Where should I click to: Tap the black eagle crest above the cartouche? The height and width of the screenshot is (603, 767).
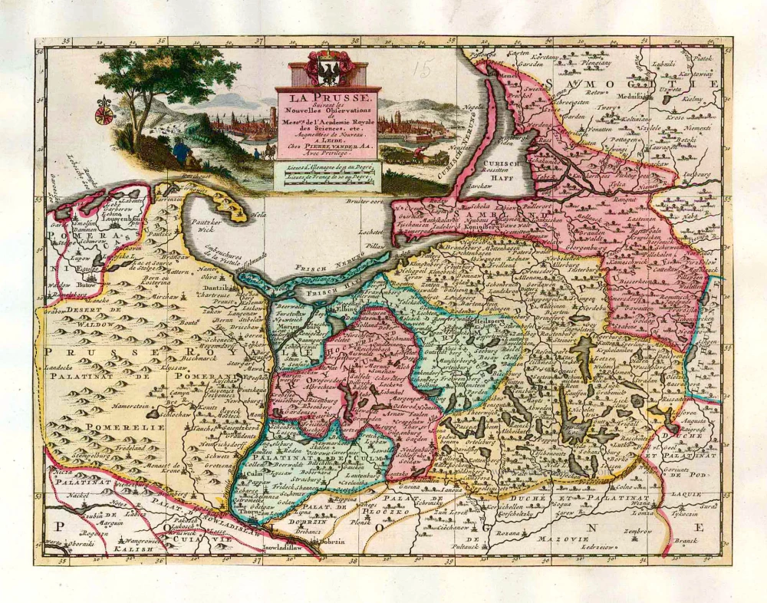[x=329, y=73]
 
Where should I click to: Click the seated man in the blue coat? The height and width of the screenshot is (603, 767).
[x=181, y=151]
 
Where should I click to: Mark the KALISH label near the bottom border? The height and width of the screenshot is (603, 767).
[x=106, y=549]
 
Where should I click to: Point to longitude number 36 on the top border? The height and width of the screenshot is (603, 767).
[x=161, y=43]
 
